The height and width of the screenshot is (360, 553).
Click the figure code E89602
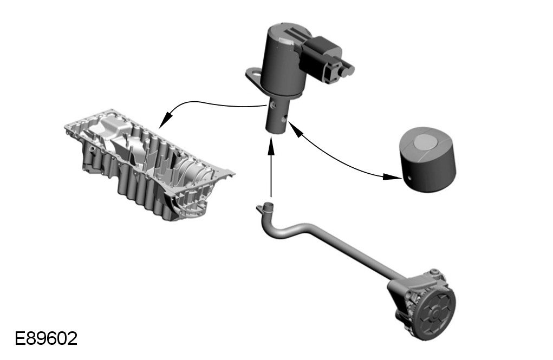coord(46,338)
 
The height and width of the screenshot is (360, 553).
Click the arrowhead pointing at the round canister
coord(392,176)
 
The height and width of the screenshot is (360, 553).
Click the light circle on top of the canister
coord(425,142)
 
